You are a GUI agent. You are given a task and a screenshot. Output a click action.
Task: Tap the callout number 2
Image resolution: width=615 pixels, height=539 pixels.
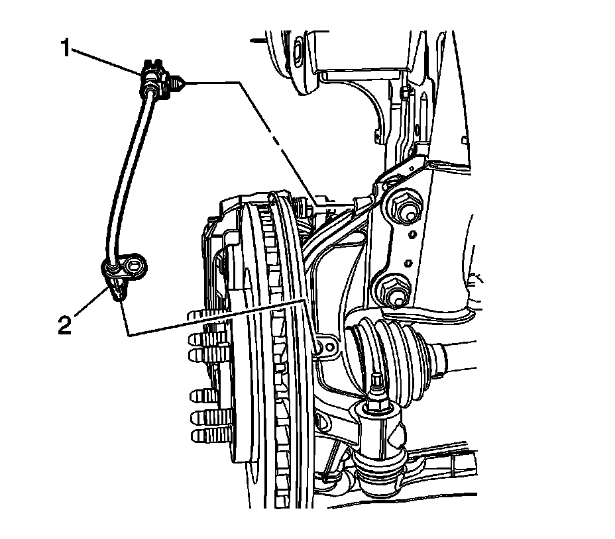point(64,326)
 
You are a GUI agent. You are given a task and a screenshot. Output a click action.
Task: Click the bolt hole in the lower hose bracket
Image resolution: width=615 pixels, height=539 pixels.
point(136,266)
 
